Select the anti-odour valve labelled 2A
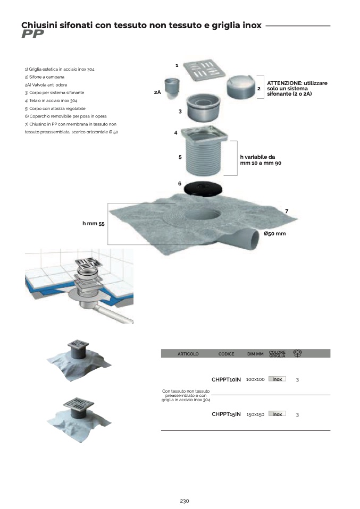[172, 89]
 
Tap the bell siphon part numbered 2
[240, 87]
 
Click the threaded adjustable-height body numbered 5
[204, 157]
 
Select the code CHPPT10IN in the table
[226, 379]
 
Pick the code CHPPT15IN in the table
[226, 414]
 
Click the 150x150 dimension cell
[255, 414]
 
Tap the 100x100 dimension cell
[255, 379]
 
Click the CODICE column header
[226, 354]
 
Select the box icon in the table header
[298, 353]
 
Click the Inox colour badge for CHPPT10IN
[277, 379]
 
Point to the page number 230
[185, 501]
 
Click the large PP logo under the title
[32, 35]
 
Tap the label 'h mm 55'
[94, 224]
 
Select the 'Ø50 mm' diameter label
[275, 233]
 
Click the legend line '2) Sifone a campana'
[45, 77]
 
